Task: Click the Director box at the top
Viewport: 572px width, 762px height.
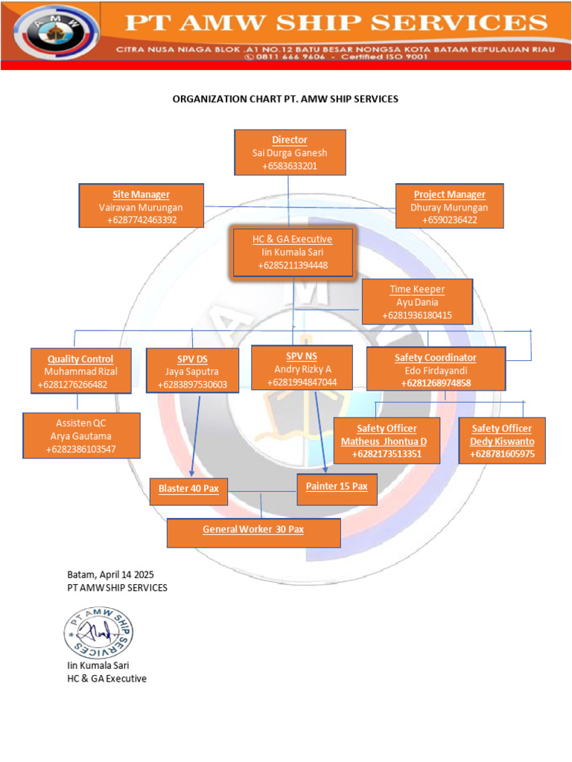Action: [290, 153]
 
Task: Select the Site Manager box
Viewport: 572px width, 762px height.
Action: [142, 206]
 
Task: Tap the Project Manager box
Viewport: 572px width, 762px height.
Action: [449, 206]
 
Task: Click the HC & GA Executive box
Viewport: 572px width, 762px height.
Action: [293, 252]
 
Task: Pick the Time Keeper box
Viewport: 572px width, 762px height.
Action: [417, 302]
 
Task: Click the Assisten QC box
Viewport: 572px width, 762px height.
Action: [81, 435]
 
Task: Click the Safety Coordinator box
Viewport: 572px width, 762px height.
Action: [436, 370]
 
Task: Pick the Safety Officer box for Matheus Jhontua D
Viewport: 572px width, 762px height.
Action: [387, 441]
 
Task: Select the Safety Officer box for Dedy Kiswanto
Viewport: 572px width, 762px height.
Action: [501, 441]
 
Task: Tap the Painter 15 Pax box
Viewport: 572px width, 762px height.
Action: [337, 487]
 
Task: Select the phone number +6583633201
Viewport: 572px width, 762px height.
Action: [290, 165]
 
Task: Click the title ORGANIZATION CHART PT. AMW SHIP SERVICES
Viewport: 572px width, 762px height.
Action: [285, 98]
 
